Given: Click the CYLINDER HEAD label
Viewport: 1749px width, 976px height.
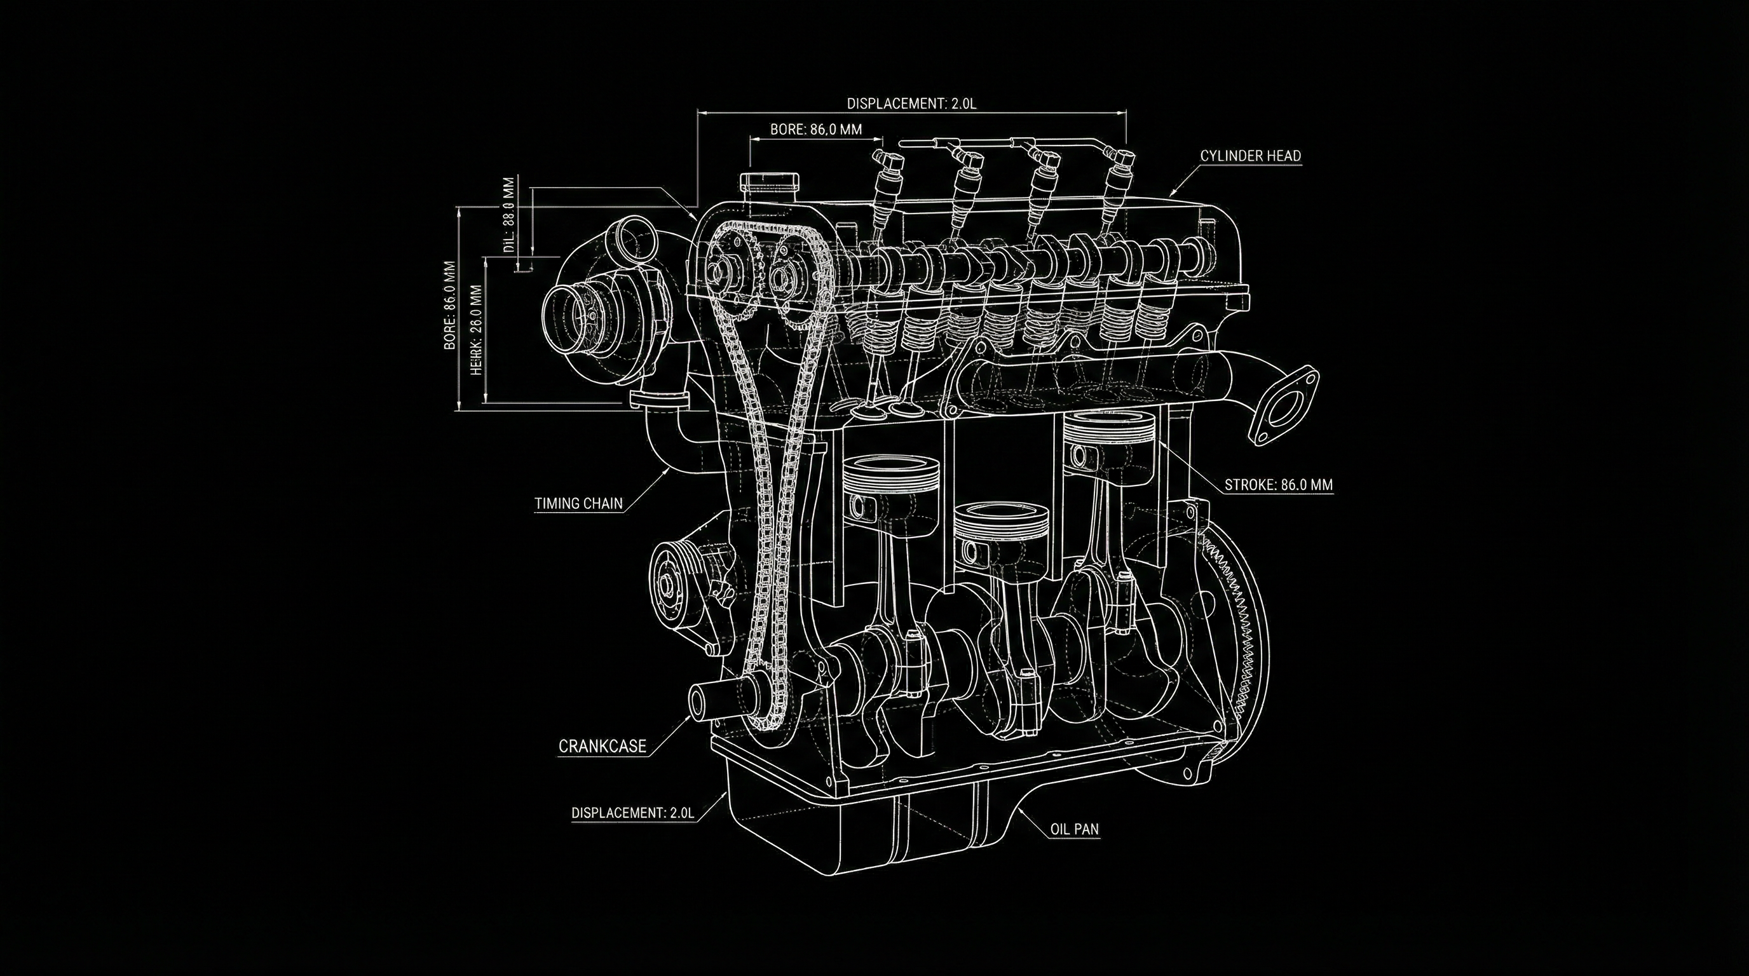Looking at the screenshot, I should (1250, 156).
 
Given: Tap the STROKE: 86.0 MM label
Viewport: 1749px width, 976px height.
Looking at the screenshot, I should (1278, 485).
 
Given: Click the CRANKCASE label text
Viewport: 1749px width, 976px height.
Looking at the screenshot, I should (602, 747).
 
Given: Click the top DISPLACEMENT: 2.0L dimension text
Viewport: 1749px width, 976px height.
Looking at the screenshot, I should (911, 104).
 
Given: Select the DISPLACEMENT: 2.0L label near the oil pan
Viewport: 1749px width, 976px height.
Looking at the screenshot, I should (632, 813).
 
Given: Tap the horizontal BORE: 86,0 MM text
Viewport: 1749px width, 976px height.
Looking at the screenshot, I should (815, 129).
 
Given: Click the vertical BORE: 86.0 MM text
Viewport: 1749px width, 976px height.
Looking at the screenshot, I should (449, 306).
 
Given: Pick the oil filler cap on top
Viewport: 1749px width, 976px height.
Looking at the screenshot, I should (770, 182).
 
